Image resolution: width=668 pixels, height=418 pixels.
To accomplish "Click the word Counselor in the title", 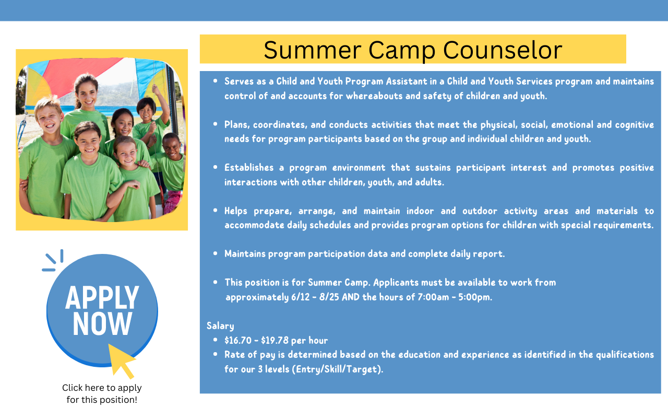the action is click(503, 50).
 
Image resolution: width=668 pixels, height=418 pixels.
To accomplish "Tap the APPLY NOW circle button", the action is click(102, 310).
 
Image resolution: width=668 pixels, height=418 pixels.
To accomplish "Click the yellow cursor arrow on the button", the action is click(121, 361).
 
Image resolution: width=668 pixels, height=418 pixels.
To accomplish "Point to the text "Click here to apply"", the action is click(102, 388).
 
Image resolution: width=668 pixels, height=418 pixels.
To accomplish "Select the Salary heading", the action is click(220, 326).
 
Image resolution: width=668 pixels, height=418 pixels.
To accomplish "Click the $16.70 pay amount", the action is click(238, 340).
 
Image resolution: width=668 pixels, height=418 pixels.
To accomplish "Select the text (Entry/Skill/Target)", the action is click(337, 369).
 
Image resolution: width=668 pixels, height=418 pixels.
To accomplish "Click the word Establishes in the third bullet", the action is click(249, 168).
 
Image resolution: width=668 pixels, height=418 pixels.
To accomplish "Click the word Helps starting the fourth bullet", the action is click(235, 211).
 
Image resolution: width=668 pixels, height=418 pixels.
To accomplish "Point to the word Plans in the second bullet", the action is click(237, 125).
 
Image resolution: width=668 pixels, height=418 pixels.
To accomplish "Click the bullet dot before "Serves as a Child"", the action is click(216, 81).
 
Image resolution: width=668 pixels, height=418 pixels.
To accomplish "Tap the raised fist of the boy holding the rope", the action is click(156, 89).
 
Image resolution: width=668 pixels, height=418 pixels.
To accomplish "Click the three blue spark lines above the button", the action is click(53, 261).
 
